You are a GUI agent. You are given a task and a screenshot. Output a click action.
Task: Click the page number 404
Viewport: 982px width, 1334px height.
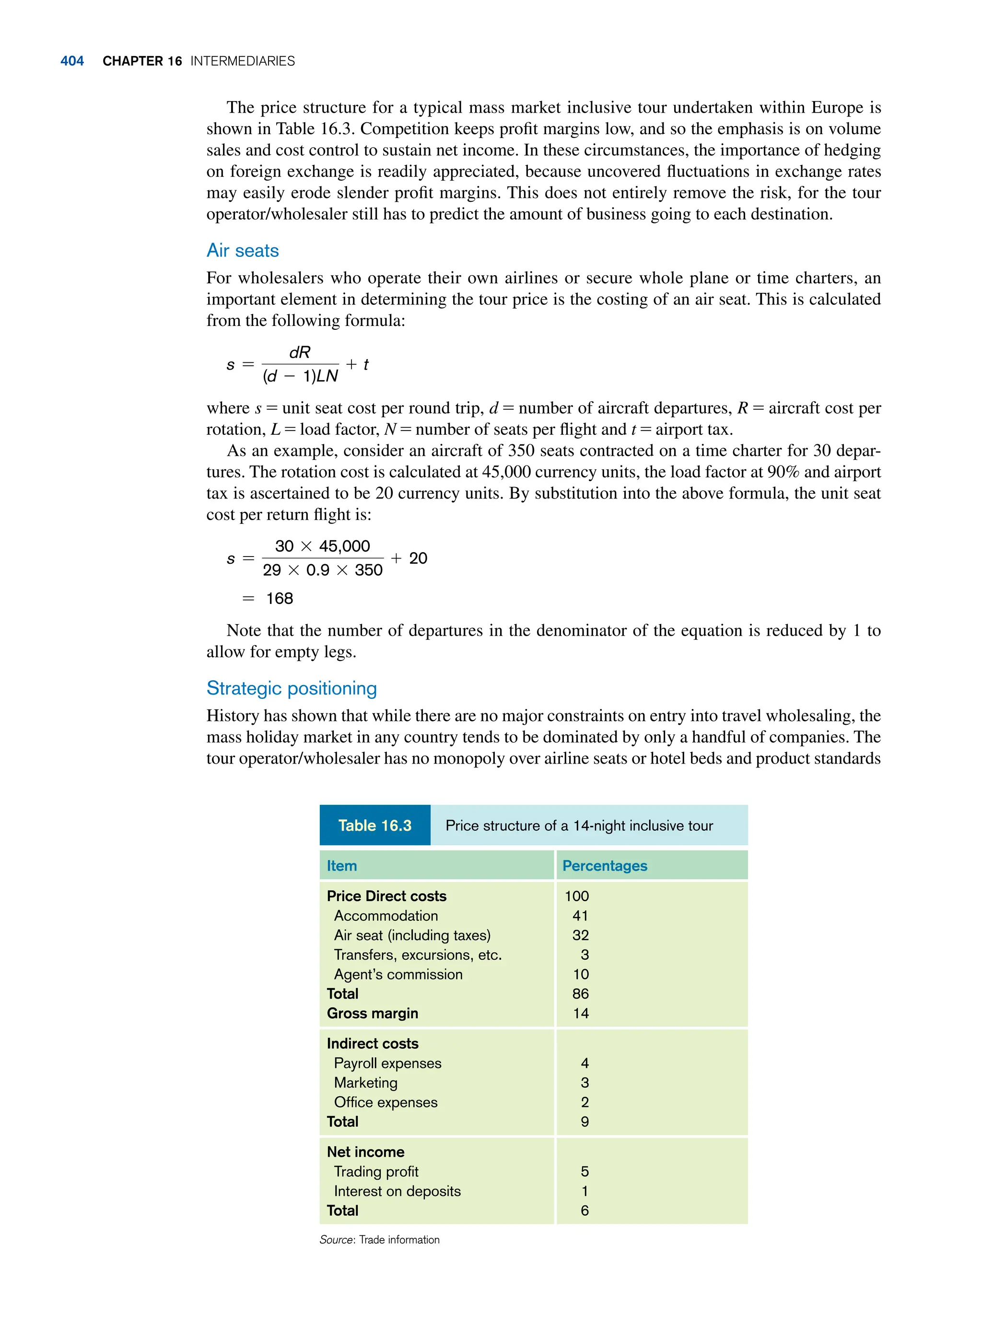tap(72, 61)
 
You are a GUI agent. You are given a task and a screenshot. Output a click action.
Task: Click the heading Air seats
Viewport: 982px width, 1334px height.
tap(243, 250)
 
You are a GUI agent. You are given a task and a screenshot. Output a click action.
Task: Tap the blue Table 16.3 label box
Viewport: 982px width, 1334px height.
tap(374, 825)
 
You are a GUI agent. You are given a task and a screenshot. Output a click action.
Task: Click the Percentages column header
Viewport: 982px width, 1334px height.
tap(605, 866)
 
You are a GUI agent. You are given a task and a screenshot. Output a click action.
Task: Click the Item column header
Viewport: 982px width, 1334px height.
tap(342, 866)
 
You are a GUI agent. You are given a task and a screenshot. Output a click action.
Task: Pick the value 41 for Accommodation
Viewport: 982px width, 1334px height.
tap(580, 916)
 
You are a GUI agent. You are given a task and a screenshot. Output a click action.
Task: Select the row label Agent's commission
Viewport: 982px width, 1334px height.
tap(397, 974)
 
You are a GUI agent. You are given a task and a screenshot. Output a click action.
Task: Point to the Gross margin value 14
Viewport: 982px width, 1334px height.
tap(581, 1013)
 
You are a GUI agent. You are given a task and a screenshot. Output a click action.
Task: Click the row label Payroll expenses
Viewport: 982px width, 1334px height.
tap(387, 1063)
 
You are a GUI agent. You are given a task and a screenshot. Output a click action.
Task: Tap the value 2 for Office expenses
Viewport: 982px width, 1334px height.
tap(585, 1102)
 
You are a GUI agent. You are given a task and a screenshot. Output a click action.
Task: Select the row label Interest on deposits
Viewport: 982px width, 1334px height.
tap(397, 1191)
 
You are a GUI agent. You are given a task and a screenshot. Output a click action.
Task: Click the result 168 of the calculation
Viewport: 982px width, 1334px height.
tap(280, 598)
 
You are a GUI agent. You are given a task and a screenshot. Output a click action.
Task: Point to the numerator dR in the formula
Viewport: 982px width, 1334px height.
tap(300, 352)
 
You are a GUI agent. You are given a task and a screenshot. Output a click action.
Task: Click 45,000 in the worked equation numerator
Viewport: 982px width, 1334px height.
tap(344, 546)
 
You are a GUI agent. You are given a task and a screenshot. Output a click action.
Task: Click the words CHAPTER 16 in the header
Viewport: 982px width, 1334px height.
tap(142, 61)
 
